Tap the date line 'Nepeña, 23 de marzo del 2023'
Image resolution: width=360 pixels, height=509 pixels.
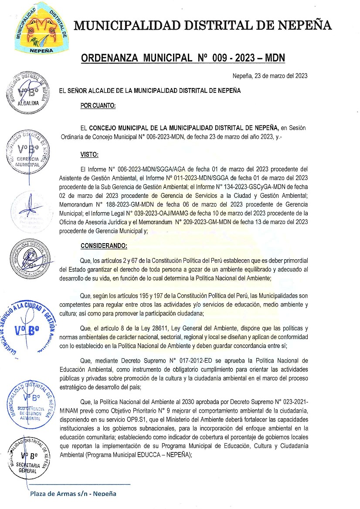270,76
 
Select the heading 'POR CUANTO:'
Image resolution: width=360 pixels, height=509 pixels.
98,105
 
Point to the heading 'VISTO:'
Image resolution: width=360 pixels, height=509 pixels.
89,154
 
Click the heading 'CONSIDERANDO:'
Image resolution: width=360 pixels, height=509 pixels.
104,246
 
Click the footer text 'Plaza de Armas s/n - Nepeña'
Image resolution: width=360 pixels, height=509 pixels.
73,494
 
